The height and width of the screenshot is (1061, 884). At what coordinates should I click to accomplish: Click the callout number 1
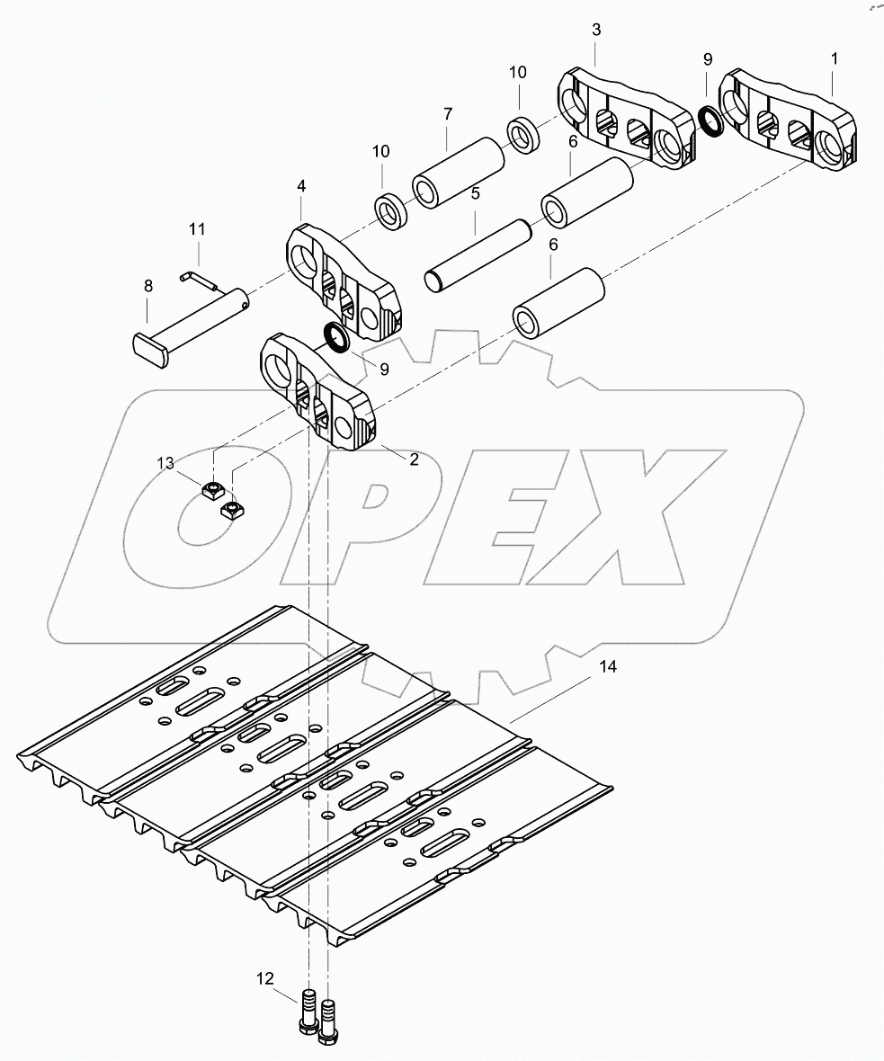click(x=835, y=58)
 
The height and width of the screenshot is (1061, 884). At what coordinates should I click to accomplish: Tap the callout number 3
click(x=596, y=30)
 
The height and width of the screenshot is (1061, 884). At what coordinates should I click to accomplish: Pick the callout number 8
click(x=148, y=285)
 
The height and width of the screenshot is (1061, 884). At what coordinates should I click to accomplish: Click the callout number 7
click(x=447, y=114)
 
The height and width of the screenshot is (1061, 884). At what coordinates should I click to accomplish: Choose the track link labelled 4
click(x=342, y=283)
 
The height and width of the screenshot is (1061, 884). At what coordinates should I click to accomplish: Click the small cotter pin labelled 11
click(x=200, y=280)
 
